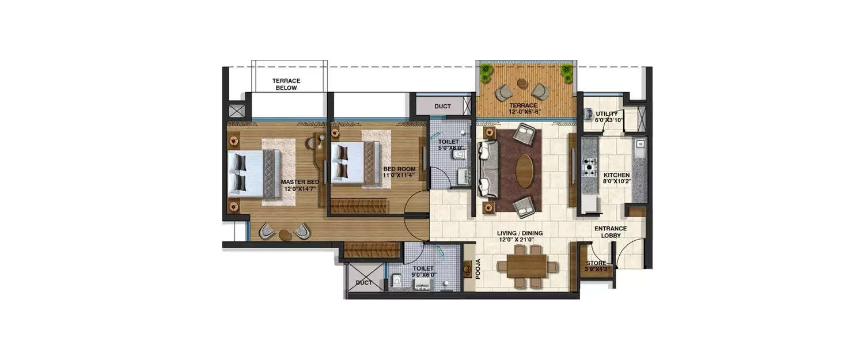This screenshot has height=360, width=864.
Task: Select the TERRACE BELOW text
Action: (x=286, y=84)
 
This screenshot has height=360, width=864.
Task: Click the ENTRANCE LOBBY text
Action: (x=611, y=232)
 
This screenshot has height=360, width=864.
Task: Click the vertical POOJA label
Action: (x=478, y=269)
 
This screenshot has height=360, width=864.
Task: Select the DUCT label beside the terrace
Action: (x=442, y=107)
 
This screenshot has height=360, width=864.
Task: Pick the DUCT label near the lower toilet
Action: (x=363, y=283)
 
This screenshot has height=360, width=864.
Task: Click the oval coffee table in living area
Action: (x=524, y=170)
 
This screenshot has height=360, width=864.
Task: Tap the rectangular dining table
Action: (x=527, y=266)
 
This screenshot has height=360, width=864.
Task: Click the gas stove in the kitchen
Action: (x=590, y=166)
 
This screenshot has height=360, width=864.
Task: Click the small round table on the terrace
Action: (x=522, y=84)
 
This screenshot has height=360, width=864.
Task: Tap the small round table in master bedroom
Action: (x=284, y=234)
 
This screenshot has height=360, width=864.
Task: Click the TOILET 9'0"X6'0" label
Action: (x=423, y=271)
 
